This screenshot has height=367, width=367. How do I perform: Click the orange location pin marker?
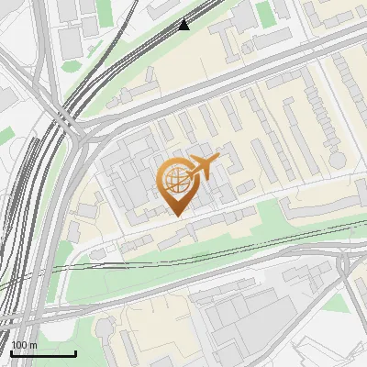[x=177, y=187]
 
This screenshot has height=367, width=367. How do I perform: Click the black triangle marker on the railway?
[x=184, y=25]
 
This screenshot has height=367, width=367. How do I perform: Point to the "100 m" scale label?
[x=25, y=345]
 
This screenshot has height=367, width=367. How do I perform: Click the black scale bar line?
[x=43, y=353]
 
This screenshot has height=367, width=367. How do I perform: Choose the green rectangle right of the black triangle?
[x=265, y=13]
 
